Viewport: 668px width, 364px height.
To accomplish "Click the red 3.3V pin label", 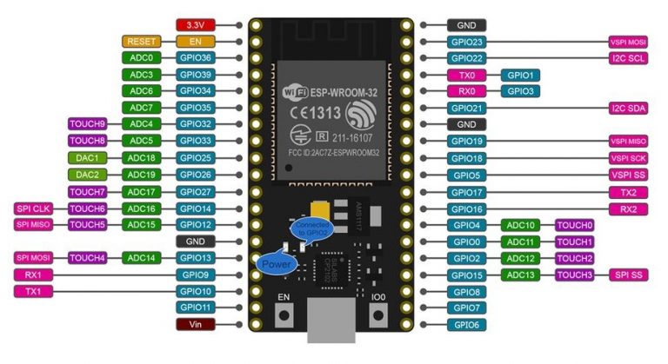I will (x=196, y=25).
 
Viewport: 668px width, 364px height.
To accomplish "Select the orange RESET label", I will (x=141, y=41).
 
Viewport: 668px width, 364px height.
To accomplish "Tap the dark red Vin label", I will (x=196, y=323).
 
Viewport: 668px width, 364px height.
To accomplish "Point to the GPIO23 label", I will (x=467, y=42).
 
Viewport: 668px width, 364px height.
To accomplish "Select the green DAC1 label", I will (x=88, y=158).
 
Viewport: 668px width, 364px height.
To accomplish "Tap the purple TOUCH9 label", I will (x=88, y=124).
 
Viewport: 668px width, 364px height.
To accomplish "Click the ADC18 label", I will (x=141, y=158).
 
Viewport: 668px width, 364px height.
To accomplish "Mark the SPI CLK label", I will (x=34, y=208).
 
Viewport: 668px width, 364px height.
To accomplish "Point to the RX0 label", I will (x=467, y=90).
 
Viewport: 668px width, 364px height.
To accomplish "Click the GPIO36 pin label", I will (x=196, y=57).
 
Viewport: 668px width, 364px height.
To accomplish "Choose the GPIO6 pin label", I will (x=467, y=324).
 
